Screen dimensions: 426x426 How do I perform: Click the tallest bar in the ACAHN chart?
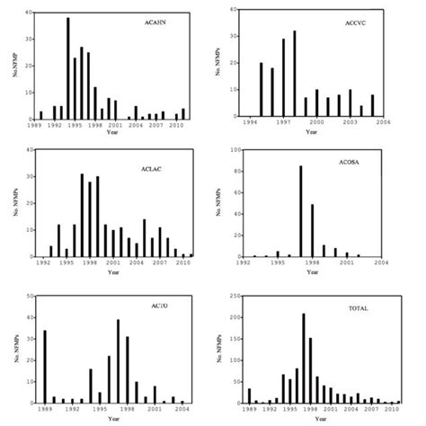(67, 68)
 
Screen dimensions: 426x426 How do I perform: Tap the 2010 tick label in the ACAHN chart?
(175, 127)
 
